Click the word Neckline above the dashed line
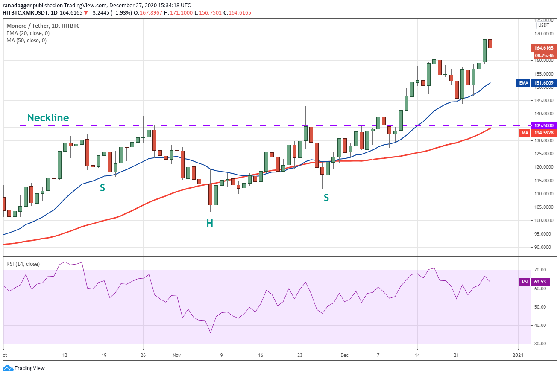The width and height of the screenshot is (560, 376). click(x=48, y=118)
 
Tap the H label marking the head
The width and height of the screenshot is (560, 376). click(x=210, y=223)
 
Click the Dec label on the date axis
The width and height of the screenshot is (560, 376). click(x=344, y=355)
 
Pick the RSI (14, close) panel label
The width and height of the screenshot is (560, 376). click(x=23, y=264)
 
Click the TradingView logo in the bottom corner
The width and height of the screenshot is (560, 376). click(x=24, y=368)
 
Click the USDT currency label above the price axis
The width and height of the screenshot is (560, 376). click(x=544, y=25)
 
